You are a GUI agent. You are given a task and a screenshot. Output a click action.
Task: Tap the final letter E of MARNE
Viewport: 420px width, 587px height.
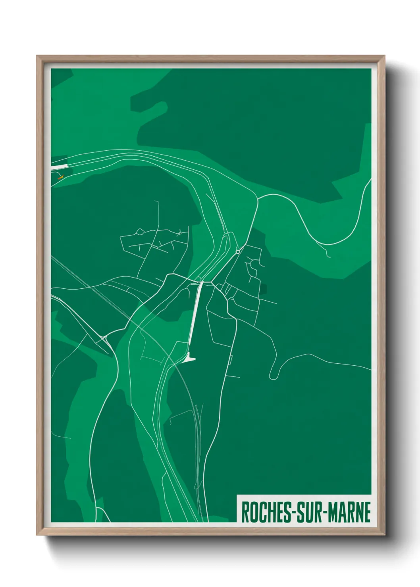coord(367,512)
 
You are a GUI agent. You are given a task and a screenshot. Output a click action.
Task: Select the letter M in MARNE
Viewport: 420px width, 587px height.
coord(334,512)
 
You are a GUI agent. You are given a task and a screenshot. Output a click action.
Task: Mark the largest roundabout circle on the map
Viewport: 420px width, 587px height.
coord(237,251)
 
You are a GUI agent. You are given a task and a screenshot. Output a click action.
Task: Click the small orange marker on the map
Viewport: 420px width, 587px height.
coord(60,177)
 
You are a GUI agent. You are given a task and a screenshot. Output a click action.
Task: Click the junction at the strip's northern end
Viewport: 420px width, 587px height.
coord(201,282)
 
